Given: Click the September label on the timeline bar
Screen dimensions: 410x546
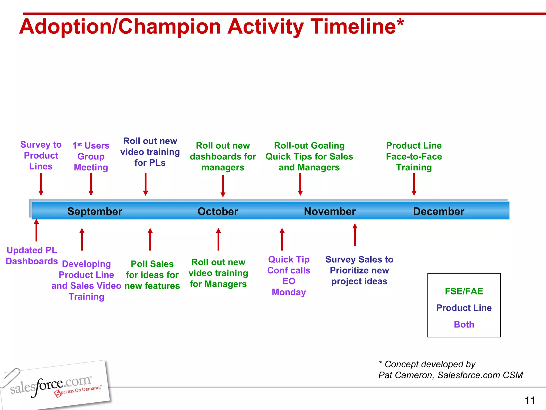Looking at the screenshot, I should click(95, 211).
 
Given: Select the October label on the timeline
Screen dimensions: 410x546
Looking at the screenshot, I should click(218, 211).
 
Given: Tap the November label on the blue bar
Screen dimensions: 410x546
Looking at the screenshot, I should click(330, 211).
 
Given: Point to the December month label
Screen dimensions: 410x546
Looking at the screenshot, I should click(439, 211).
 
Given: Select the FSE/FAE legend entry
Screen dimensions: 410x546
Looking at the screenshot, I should click(464, 291).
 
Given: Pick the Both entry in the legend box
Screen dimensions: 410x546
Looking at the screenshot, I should click(464, 325).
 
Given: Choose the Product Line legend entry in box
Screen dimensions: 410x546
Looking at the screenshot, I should click(464, 308).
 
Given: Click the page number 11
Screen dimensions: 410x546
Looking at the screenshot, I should click(530, 400).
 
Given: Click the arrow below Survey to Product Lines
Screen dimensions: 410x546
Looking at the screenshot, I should click(41, 184).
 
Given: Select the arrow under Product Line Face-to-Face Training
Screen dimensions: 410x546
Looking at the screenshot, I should click(414, 184).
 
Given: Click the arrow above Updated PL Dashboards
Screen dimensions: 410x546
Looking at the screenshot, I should click(37, 230).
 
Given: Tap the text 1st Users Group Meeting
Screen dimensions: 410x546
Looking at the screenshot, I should click(91, 156).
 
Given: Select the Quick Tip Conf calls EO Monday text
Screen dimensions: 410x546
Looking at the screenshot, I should click(289, 276).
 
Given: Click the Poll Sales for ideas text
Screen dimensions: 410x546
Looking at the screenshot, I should click(152, 275).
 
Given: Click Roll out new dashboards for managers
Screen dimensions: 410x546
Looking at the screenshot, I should click(223, 156).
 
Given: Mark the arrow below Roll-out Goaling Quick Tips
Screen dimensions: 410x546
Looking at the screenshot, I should click(300, 184).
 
